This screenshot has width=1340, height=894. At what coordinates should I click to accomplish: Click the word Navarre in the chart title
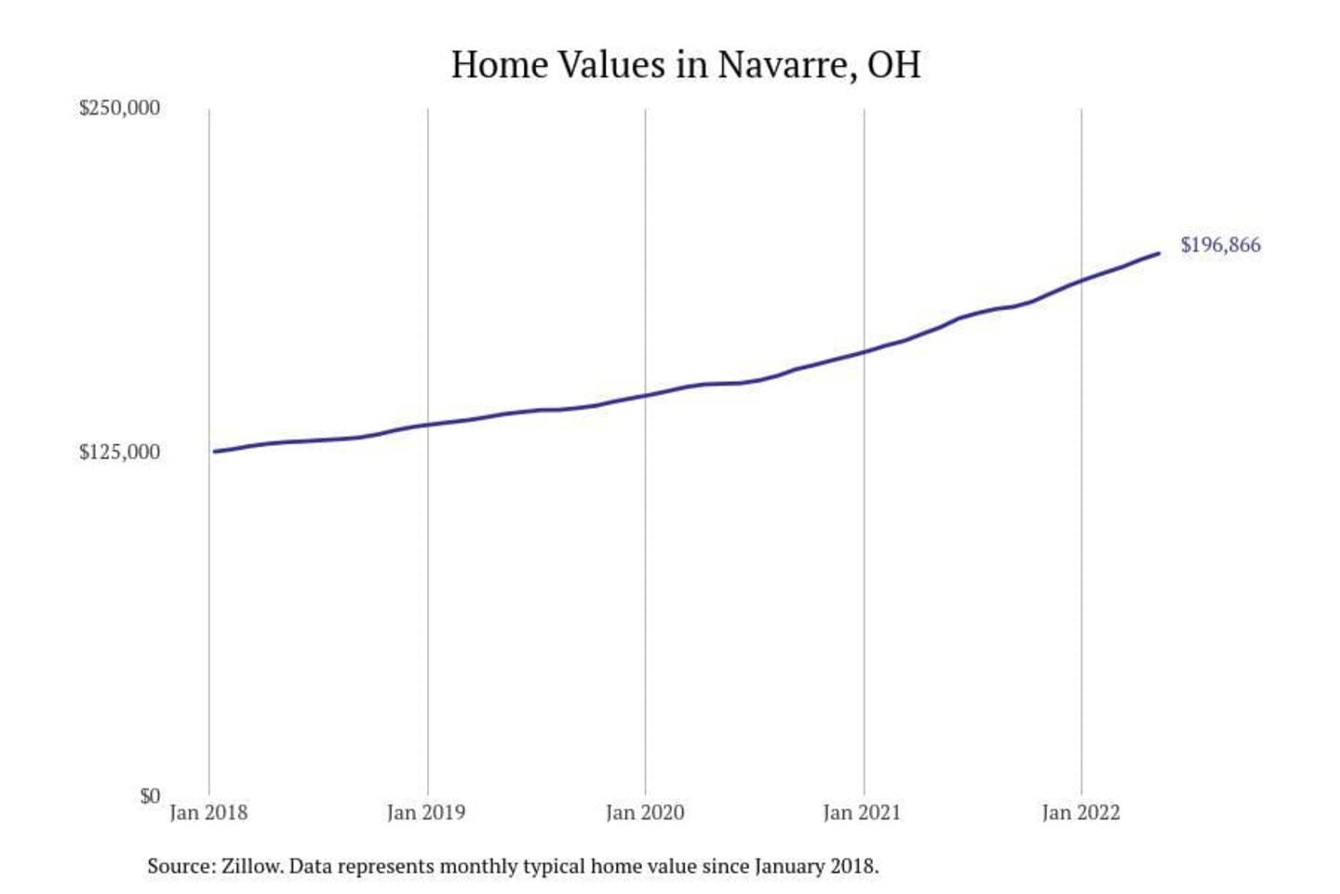point(786,65)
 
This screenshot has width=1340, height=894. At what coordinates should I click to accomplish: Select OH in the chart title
point(893,65)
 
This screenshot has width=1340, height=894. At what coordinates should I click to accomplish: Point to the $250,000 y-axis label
point(119,108)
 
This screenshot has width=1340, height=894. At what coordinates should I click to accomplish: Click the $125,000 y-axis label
point(119,453)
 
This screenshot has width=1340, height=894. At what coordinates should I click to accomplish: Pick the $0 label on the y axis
point(150,796)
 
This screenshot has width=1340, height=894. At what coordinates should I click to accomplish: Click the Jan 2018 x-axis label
point(208,813)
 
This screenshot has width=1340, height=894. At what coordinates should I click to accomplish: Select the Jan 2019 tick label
point(426,813)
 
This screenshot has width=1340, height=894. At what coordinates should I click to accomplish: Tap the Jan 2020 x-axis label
point(645,813)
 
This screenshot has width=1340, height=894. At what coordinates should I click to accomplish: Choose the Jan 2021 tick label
point(863,813)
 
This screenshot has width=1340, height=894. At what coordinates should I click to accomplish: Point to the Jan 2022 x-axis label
point(1080,813)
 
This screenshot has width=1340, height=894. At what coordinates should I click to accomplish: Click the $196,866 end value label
point(1220,245)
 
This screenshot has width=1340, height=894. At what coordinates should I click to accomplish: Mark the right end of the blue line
point(1158,253)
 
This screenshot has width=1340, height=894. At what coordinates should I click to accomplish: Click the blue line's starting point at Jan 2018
point(214,452)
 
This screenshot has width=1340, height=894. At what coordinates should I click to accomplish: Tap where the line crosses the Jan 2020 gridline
point(646,395)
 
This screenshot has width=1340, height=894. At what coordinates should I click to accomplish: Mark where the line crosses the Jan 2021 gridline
point(864,351)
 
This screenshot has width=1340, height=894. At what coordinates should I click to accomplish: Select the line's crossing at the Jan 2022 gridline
point(1081,279)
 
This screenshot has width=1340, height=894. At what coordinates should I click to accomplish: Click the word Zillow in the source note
point(251,866)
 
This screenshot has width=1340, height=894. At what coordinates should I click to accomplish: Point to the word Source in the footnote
point(180,866)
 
